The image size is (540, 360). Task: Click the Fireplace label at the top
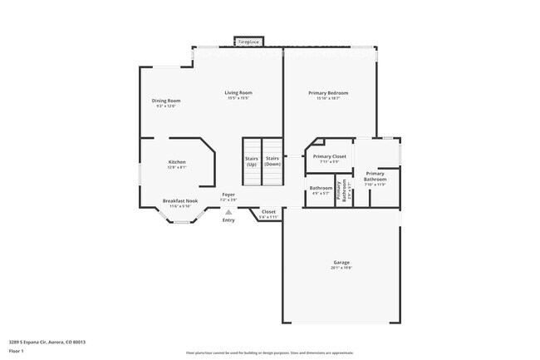click(x=248, y=41)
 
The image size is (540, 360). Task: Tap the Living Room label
click(x=239, y=92)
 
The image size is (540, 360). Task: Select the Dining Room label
click(x=166, y=101)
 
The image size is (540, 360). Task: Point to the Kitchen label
click(x=177, y=162)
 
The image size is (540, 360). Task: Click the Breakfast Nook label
click(x=180, y=201)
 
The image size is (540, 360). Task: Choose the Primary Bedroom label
click(x=328, y=92)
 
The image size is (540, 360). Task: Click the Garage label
click(x=342, y=264)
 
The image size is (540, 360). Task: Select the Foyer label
click(x=228, y=195)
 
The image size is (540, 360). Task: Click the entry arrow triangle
click(x=228, y=212)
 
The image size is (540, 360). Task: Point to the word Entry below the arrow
click(x=228, y=220)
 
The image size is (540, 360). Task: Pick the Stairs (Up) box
click(x=251, y=161)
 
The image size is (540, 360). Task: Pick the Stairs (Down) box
click(x=272, y=161)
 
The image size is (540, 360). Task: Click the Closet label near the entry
click(x=268, y=212)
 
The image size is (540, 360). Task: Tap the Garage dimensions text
click(x=342, y=269)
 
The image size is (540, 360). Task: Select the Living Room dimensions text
click(x=239, y=98)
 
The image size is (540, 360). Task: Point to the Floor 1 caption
click(x=17, y=351)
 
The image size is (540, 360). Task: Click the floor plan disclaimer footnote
click(x=270, y=353)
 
